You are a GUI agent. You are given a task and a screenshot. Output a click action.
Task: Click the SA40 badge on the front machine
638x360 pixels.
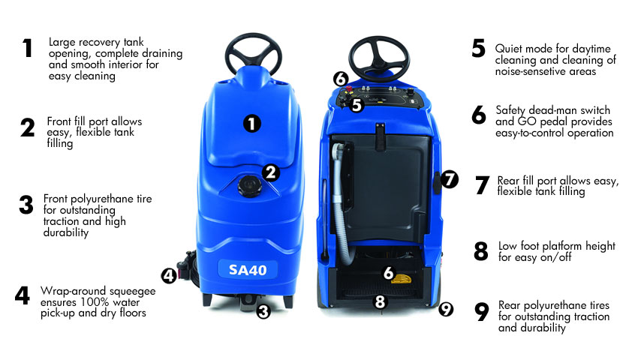coord(248,269)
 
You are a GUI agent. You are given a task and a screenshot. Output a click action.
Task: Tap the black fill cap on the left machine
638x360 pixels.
coord(250,187)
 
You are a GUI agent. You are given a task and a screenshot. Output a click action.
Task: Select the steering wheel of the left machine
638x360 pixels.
coord(254,54)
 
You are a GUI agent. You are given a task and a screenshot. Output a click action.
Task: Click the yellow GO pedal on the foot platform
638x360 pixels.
coord(402,279)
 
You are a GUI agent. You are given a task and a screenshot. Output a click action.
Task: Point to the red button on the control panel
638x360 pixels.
coord(348,88)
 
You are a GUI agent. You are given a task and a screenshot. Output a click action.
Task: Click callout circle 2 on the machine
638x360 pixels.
coord(271,172)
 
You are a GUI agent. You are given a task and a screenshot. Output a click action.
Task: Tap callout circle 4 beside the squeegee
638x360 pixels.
coord(169,276)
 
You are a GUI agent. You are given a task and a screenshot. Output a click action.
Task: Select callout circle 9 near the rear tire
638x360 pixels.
coord(446,309)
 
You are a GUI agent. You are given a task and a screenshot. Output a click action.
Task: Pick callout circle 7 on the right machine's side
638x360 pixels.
coord(449,179)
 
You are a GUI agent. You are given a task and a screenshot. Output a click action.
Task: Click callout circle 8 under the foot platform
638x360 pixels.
coord(380,301)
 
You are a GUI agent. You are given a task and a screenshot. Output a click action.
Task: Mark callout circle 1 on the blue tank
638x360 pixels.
coord(252,124)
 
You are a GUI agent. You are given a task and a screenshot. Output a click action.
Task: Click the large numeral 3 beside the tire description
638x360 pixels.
coord(26,205)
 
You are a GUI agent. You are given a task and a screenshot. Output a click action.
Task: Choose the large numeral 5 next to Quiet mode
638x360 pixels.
coord(479,48)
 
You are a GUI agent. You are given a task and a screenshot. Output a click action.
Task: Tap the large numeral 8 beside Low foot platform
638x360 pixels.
coord(481,251)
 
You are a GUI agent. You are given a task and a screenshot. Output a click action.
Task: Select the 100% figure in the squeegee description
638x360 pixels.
coord(95,302)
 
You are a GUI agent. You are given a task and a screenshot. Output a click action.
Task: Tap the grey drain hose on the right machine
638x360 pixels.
coord(342,203)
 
